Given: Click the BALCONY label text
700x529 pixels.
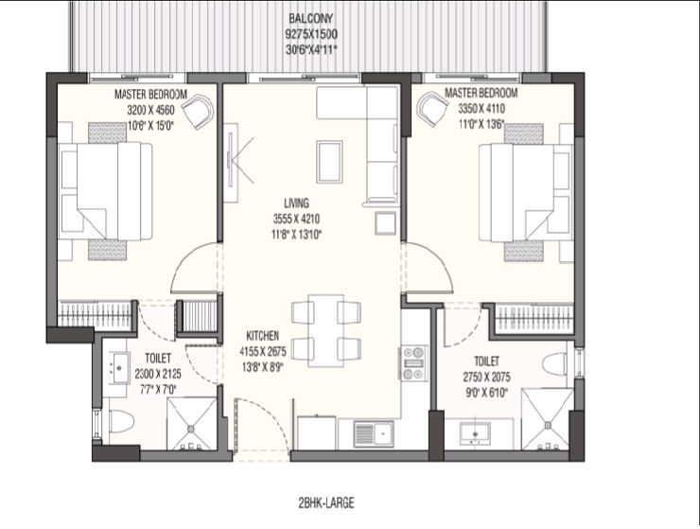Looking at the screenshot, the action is pyautogui.click(x=311, y=18).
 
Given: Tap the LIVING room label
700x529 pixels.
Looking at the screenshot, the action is pyautogui.click(x=296, y=203).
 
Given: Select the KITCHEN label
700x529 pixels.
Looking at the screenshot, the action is pyautogui.click(x=263, y=336).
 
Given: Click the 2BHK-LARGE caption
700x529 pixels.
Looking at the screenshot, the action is pyautogui.click(x=326, y=503).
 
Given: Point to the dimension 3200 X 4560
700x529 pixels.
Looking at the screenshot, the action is pyautogui.click(x=151, y=110).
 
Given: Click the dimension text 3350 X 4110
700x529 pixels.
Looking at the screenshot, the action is pyautogui.click(x=481, y=109).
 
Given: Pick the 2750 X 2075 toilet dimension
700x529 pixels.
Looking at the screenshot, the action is pyautogui.click(x=486, y=377).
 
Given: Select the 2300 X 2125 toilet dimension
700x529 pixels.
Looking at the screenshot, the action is pyautogui.click(x=158, y=374).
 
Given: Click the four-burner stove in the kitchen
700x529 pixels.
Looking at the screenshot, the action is pyautogui.click(x=413, y=362).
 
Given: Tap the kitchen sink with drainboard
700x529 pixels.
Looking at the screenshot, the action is pyautogui.click(x=374, y=433).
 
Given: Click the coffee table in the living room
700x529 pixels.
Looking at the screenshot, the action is pyautogui.click(x=329, y=162).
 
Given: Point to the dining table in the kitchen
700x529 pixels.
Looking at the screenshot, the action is pyautogui.click(x=326, y=330).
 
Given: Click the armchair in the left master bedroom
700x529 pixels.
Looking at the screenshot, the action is pyautogui.click(x=199, y=112).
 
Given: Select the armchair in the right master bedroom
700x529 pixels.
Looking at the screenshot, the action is pyautogui.click(x=432, y=109).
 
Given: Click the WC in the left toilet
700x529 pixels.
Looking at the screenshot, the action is pyautogui.click(x=121, y=421).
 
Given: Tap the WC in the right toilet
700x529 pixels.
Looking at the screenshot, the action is pyautogui.click(x=555, y=363).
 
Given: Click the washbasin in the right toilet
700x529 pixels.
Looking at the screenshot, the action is pyautogui.click(x=475, y=433).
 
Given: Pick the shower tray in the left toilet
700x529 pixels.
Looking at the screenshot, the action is pyautogui.click(x=191, y=424).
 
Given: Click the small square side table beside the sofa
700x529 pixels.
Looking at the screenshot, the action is pyautogui.click(x=385, y=223).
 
